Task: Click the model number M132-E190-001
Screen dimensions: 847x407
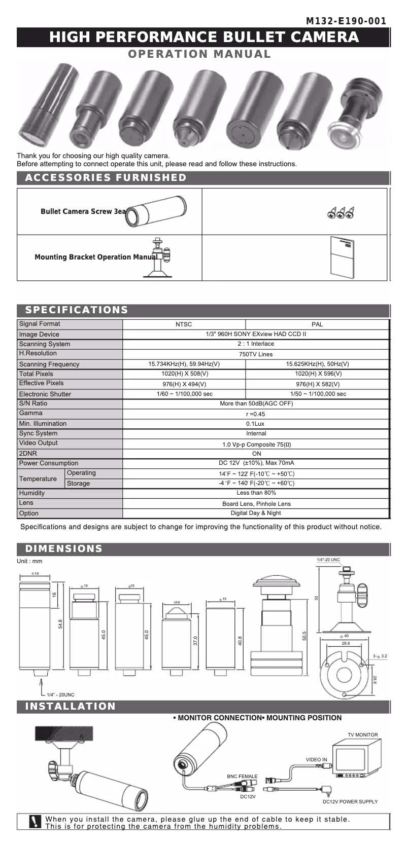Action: click(x=346, y=21)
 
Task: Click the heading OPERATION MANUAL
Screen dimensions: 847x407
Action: click(x=199, y=54)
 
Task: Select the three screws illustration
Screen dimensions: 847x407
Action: click(x=341, y=213)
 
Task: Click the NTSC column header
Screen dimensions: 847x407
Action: click(x=184, y=324)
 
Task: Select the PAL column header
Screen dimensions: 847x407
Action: click(x=317, y=324)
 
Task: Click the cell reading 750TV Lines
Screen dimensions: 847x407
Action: click(x=256, y=354)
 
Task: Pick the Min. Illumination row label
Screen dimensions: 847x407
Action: click(x=43, y=424)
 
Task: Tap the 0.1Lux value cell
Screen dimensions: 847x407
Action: click(x=256, y=424)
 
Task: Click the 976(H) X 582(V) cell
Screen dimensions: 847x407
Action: click(x=317, y=384)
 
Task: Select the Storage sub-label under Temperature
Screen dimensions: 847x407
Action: click(x=78, y=484)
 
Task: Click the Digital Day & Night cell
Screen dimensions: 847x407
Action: click(x=256, y=513)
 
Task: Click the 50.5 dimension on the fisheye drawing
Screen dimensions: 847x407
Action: click(x=304, y=636)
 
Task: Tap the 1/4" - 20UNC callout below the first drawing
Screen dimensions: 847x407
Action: click(x=60, y=694)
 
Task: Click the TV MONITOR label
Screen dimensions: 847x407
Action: click(x=362, y=734)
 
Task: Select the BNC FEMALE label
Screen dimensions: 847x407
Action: click(x=242, y=777)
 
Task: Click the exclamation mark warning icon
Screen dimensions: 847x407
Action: click(x=35, y=822)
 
